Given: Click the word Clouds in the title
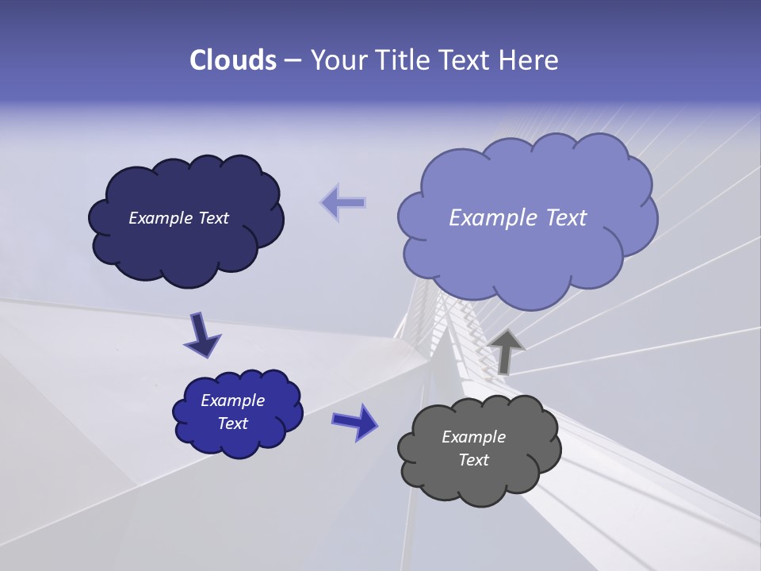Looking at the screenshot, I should [x=233, y=60].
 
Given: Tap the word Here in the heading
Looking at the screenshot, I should [x=529, y=60].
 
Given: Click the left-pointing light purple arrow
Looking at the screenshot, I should [x=343, y=202].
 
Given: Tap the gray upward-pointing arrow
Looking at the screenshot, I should [x=506, y=351].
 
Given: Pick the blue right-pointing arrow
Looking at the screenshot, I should [x=355, y=421].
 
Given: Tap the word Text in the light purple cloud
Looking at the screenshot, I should [x=564, y=217].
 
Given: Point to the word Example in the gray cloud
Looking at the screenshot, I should [x=473, y=437].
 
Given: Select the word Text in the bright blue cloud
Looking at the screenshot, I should [x=233, y=423].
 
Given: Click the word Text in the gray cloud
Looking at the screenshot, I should [x=473, y=460].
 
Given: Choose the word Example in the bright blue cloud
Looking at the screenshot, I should [x=233, y=400].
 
